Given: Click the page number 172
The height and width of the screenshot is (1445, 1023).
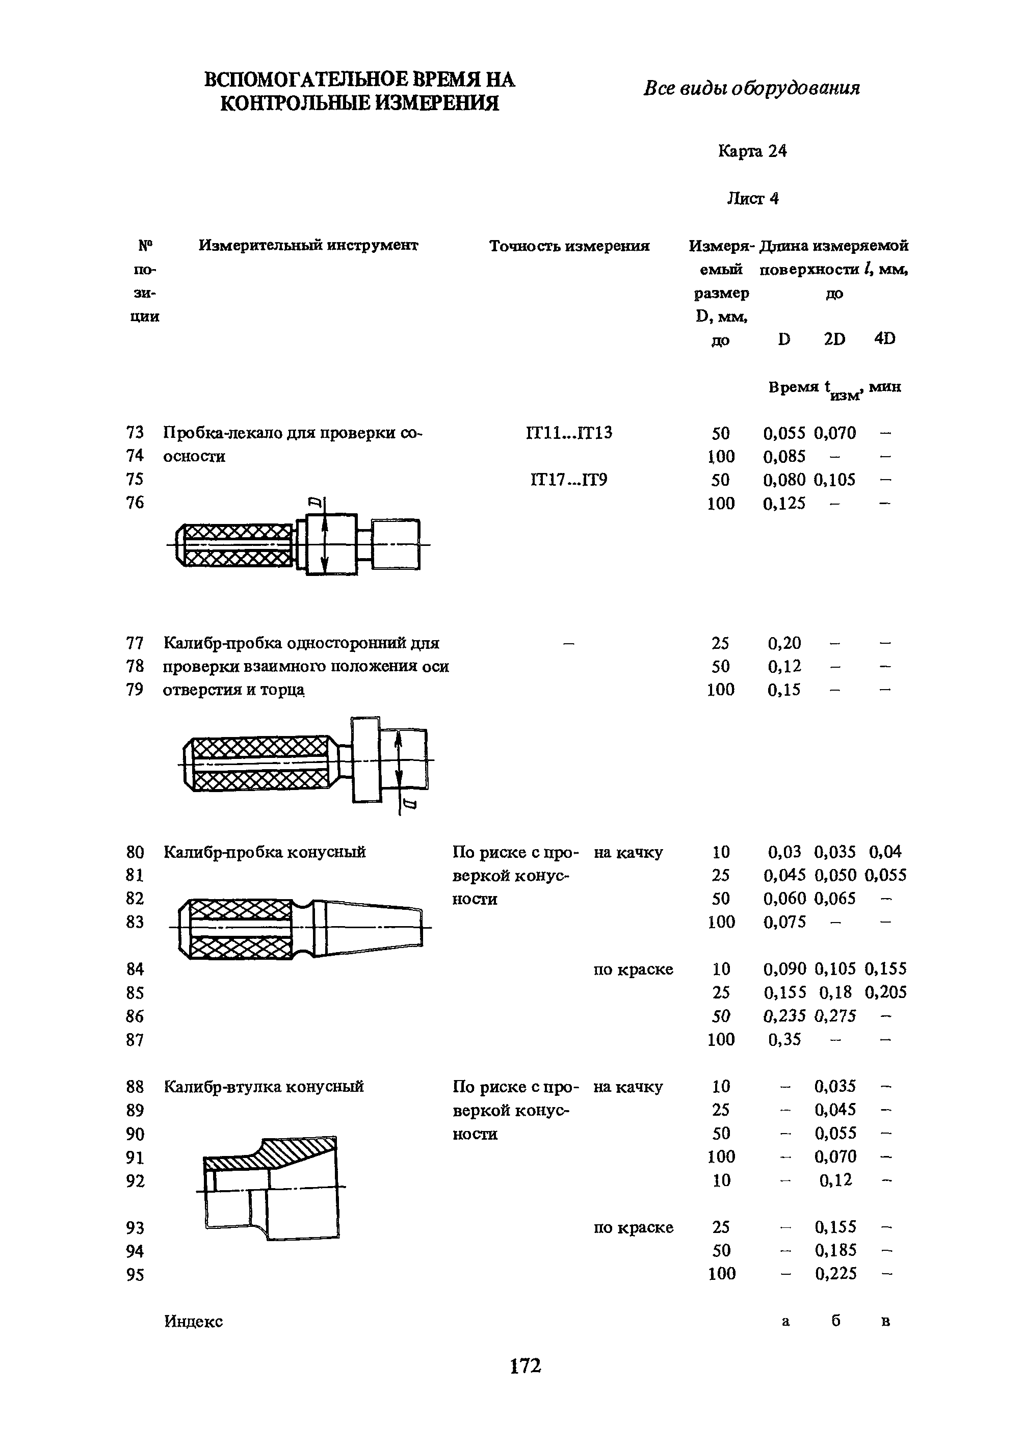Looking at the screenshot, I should click(526, 1365).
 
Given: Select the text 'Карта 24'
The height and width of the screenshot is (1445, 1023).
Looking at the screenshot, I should click(752, 151).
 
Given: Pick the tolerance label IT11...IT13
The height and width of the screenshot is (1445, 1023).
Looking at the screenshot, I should click(569, 433).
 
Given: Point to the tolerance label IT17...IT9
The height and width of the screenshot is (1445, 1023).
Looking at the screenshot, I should click(569, 480).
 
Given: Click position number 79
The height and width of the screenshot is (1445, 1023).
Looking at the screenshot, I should click(135, 690).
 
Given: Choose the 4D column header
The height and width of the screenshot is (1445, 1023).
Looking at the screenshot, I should click(884, 339).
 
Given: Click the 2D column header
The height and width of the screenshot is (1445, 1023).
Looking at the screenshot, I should click(834, 339).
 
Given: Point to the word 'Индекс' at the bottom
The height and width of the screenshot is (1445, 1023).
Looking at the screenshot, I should click(193, 1321).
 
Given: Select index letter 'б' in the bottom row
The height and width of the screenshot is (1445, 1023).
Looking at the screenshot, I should click(835, 1321).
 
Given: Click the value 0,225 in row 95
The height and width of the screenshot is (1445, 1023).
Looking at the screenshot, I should click(835, 1274).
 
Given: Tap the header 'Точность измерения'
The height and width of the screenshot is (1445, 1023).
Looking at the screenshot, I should click(569, 246).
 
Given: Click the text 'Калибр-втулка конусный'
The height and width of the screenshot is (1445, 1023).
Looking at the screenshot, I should click(264, 1087).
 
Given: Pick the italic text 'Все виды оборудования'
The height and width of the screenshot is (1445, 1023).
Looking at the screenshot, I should click(751, 88).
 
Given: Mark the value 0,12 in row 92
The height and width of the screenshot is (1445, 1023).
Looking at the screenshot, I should click(835, 1180).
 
